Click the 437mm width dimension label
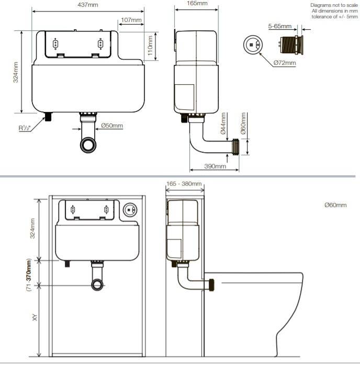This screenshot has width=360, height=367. [x=88, y=5]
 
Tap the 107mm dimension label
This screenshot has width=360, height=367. [x=131, y=20]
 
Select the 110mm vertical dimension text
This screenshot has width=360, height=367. [x=150, y=45]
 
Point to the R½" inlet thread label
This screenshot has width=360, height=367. [x=25, y=128]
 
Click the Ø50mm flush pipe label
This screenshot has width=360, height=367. [x=112, y=125]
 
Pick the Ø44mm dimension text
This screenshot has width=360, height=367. [x=223, y=123]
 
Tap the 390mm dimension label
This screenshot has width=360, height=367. [x=215, y=166]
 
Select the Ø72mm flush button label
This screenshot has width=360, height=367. [x=285, y=63]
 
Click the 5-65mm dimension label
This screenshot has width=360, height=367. [x=279, y=26]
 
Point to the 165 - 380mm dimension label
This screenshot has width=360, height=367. [x=184, y=183]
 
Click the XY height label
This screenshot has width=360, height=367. [x=35, y=317]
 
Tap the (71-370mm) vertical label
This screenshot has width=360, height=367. [x=29, y=275]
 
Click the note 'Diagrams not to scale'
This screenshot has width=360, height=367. [x=334, y=5]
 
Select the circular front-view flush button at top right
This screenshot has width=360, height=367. [x=253, y=44]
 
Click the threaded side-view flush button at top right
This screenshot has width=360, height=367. [x=291, y=45]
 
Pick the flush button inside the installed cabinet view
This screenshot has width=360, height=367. [x=130, y=210]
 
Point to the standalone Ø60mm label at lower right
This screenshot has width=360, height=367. [x=335, y=205]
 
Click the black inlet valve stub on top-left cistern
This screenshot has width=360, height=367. [x=49, y=117]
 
